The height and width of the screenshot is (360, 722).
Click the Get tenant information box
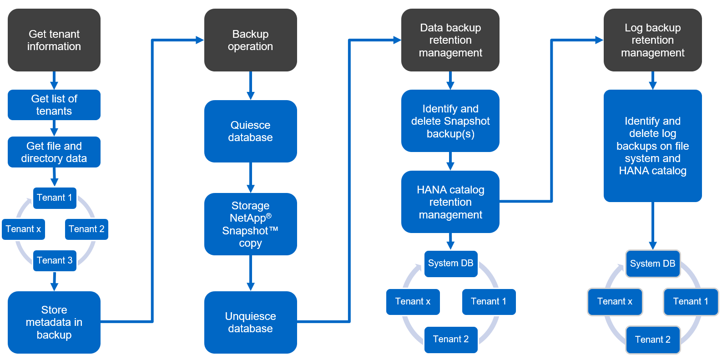(54, 40)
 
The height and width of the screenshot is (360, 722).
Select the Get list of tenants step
(54, 105)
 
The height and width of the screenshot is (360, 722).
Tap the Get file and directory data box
(54, 152)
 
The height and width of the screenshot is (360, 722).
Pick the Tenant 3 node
(55, 260)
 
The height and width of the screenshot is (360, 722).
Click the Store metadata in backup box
(54, 322)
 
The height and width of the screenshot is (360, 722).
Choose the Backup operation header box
(250, 40)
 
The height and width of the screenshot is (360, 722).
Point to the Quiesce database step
(250, 131)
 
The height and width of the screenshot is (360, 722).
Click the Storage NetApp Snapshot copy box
(250, 224)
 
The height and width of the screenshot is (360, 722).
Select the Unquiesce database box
(250, 322)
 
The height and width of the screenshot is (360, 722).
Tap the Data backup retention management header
(450, 40)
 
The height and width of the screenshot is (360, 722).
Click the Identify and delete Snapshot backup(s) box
(450, 121)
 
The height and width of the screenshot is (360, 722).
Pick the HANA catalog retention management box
(450, 202)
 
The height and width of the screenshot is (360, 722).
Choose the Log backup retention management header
(652, 40)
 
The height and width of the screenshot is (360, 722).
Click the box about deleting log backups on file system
(652, 146)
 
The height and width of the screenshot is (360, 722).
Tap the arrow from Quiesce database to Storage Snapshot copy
(250, 177)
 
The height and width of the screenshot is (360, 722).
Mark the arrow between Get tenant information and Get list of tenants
(54, 81)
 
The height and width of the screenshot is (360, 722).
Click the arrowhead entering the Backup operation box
(199, 40)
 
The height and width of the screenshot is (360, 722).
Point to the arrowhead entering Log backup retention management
(599, 40)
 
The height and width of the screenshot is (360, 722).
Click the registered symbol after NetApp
(269, 216)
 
